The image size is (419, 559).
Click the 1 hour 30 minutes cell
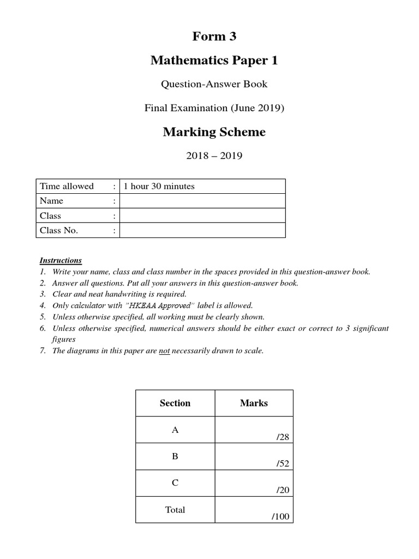click(x=159, y=186)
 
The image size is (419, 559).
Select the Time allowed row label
click(x=67, y=186)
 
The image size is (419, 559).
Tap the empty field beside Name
click(x=202, y=201)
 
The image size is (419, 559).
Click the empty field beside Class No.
click(x=202, y=230)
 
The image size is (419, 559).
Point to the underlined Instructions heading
click(x=61, y=260)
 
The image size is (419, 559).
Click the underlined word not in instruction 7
click(x=164, y=351)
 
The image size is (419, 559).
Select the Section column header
click(x=175, y=403)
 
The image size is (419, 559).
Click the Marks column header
click(x=254, y=403)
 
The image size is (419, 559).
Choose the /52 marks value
click(x=283, y=464)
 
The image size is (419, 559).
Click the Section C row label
click(x=175, y=483)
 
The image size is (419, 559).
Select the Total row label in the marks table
click(x=175, y=510)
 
